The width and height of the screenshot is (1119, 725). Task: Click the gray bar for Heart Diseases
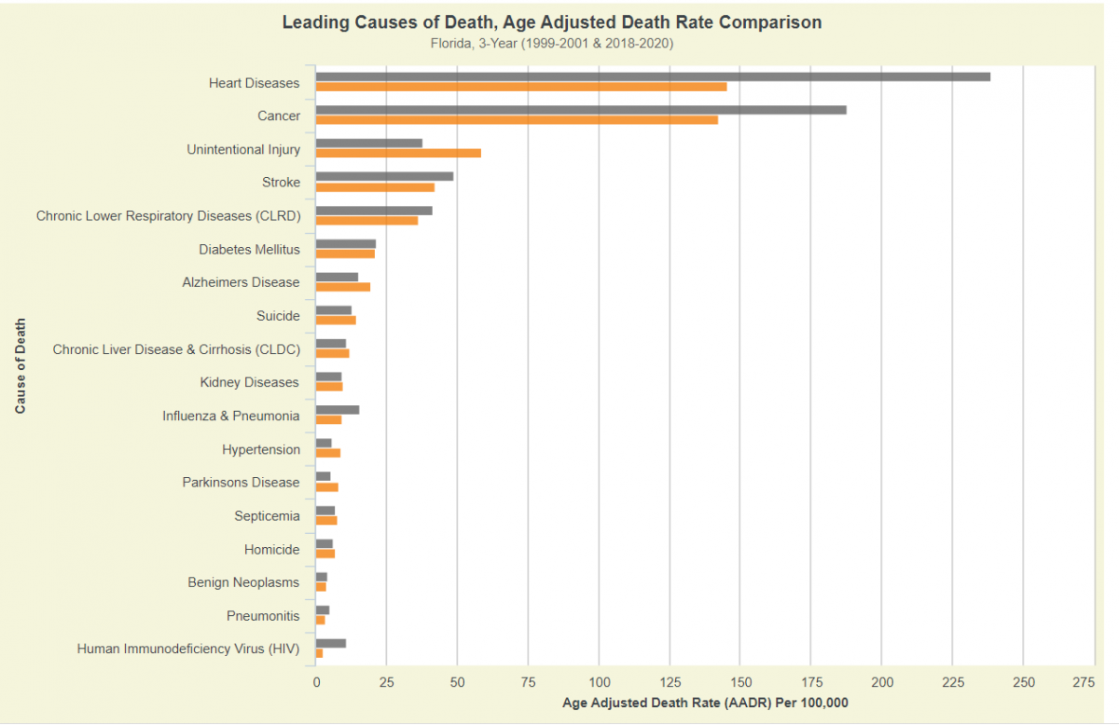click(653, 76)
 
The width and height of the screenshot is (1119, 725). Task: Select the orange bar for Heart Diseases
click(521, 87)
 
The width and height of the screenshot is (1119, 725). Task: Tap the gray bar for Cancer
click(581, 110)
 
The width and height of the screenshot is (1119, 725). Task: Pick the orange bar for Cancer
click(517, 120)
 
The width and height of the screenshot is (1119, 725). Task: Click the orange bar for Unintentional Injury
click(398, 153)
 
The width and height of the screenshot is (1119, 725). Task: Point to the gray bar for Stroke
click(384, 176)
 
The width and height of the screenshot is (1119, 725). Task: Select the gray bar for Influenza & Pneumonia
click(338, 410)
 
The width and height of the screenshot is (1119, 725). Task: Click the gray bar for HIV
click(331, 643)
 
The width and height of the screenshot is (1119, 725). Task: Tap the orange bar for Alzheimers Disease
click(343, 286)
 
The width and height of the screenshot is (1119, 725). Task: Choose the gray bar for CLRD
click(374, 211)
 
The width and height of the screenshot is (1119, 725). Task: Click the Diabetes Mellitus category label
click(249, 250)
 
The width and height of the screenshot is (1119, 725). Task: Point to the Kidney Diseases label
click(249, 383)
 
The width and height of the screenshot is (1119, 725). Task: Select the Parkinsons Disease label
click(241, 483)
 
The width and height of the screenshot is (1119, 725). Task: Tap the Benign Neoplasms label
click(243, 583)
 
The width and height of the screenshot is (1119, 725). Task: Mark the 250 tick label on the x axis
click(1023, 683)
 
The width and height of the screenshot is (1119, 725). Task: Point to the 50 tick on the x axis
click(457, 683)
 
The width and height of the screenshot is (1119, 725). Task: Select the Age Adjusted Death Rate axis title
click(705, 704)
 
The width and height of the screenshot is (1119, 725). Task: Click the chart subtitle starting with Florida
click(552, 43)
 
